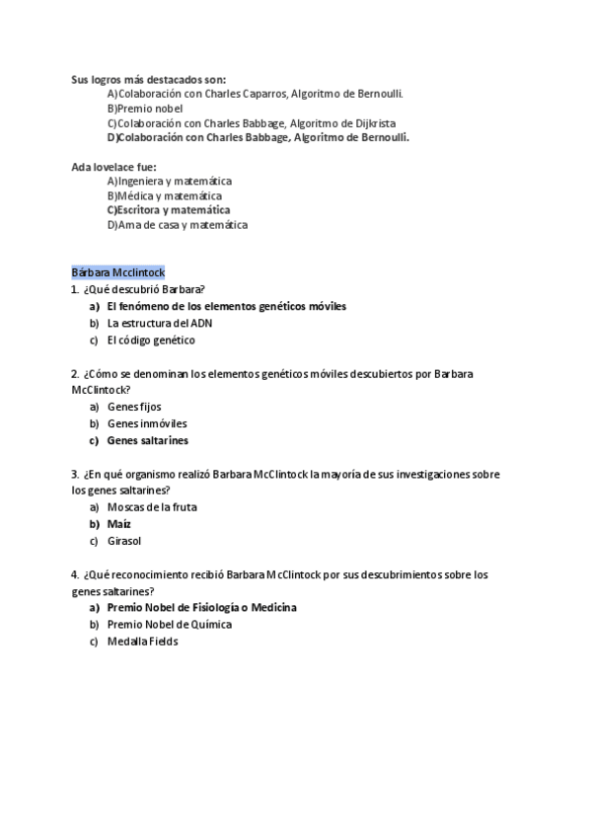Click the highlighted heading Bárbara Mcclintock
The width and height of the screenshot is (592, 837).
tap(117, 271)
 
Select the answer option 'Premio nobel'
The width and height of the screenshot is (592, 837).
tap(149, 109)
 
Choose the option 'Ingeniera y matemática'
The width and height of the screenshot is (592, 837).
tap(174, 182)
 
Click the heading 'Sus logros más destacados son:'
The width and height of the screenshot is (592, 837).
tap(148, 79)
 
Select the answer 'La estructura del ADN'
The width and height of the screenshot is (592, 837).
tap(159, 323)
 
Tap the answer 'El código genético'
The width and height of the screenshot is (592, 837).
tap(151, 341)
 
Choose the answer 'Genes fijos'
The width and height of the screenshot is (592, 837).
tap(134, 407)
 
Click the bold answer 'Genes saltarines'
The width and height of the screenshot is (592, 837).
tap(147, 441)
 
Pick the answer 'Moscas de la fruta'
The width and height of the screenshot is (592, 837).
tap(152, 507)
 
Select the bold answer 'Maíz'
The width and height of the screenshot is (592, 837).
tap(119, 524)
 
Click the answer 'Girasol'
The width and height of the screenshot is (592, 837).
tap(124, 541)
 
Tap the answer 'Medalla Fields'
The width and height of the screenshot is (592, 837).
tap(142, 642)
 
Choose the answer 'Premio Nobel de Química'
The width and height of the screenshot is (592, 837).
tap(169, 625)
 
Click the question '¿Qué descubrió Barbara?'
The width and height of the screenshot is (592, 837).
tap(144, 289)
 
